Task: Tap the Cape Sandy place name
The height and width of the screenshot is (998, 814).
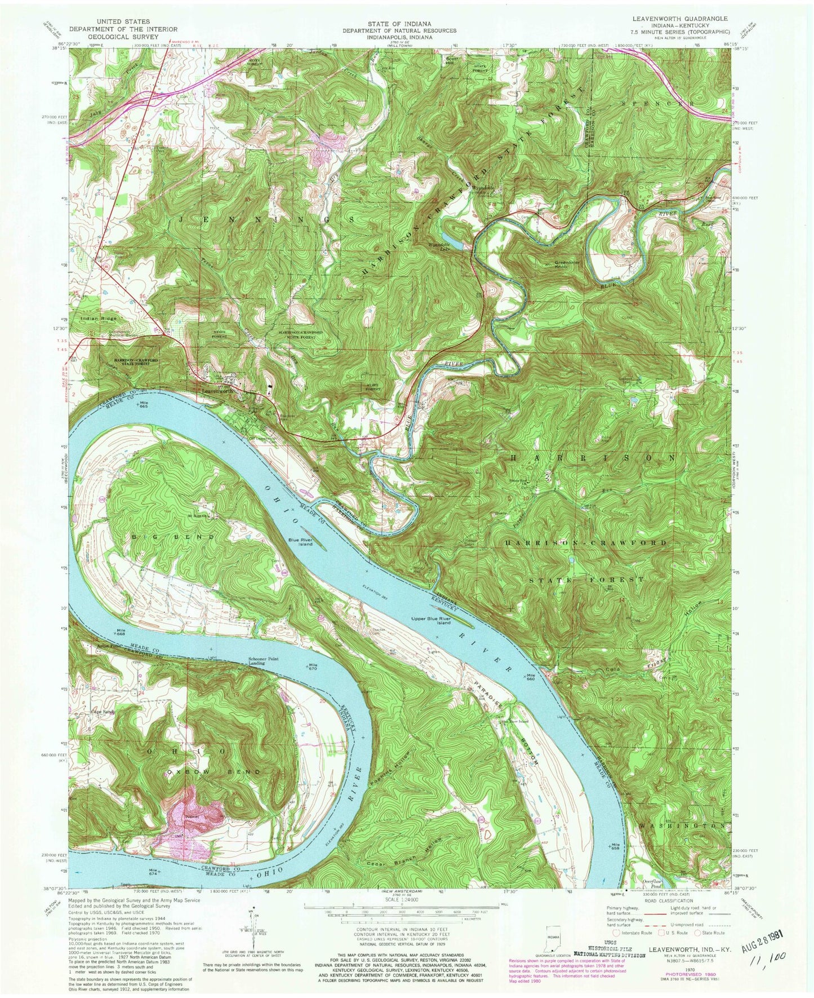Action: click(103, 712)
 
